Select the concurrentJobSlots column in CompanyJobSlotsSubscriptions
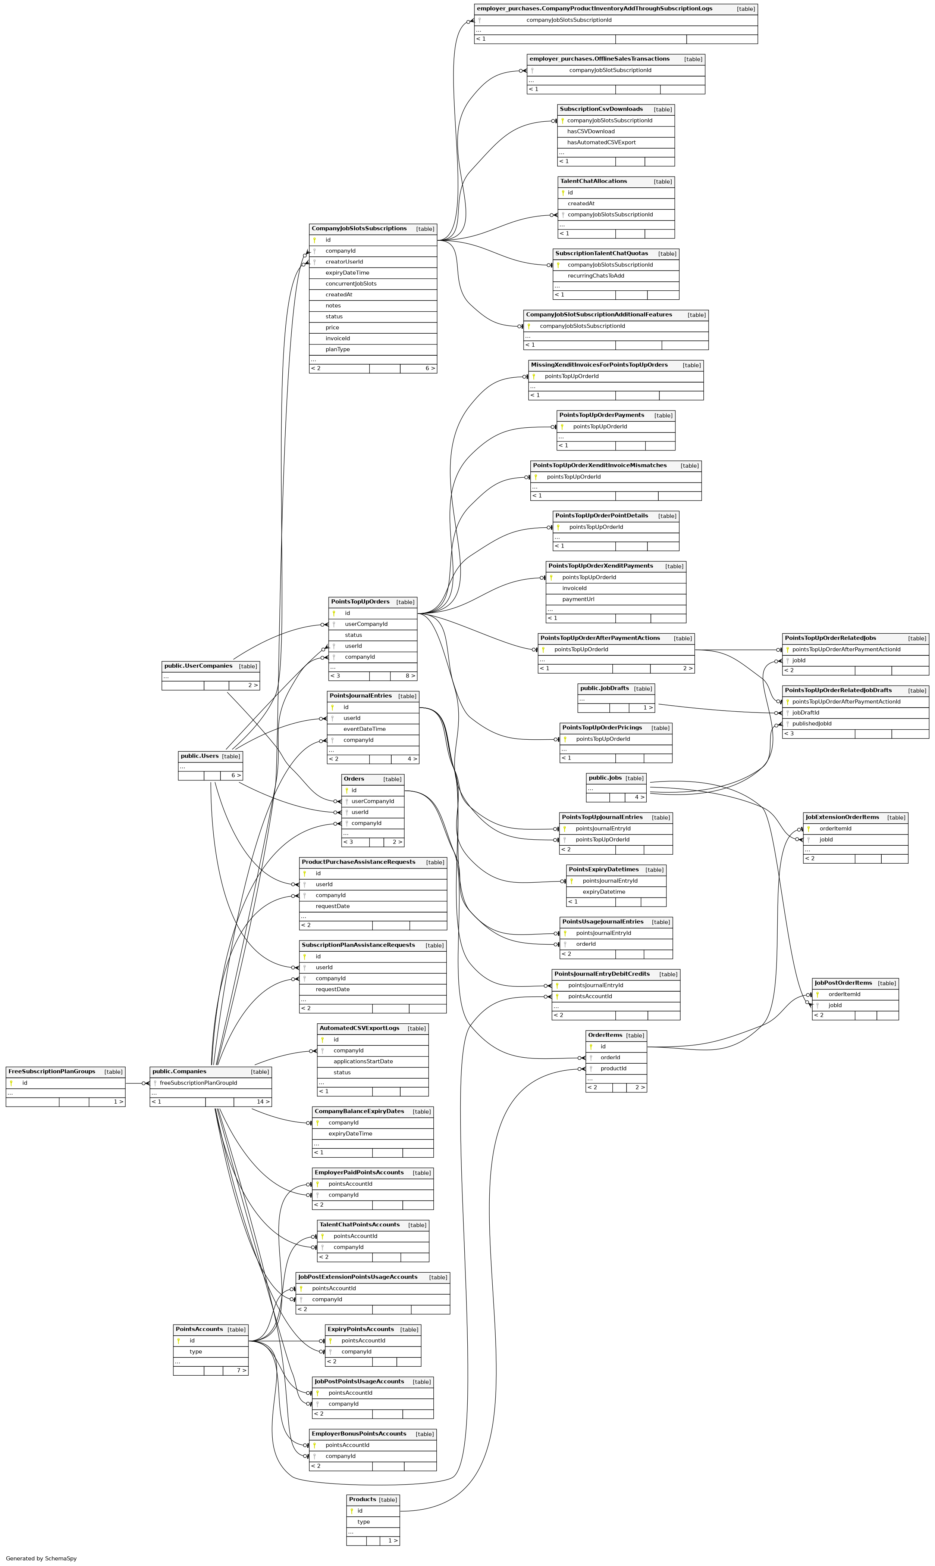(x=351, y=284)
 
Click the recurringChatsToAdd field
(x=595, y=275)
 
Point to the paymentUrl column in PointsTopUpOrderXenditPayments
(x=578, y=599)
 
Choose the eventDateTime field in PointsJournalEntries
(x=364, y=729)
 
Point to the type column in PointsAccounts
(x=196, y=1352)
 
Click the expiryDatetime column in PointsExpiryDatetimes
(x=603, y=892)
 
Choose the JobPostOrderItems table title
(x=843, y=983)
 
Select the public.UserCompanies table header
(x=198, y=666)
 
